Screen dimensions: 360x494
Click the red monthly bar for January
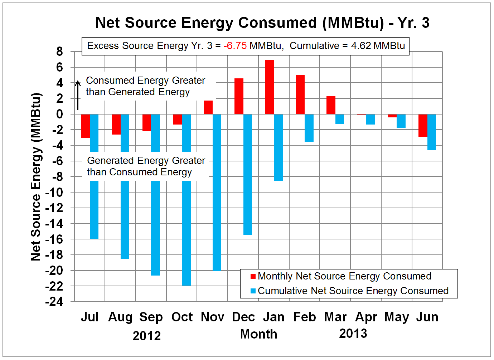(x=270, y=87)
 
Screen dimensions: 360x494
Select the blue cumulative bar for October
(x=186, y=233)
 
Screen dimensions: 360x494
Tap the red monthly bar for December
(x=239, y=96)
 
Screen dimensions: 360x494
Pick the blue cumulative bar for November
(x=217, y=192)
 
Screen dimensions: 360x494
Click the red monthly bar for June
(x=423, y=126)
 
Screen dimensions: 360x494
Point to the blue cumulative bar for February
(x=309, y=128)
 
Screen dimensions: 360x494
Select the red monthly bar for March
(x=331, y=105)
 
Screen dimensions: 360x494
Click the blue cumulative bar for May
(x=401, y=121)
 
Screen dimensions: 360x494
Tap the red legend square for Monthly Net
(x=253, y=276)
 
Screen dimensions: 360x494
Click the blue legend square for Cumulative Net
(x=253, y=291)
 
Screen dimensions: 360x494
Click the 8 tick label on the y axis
(x=59, y=52)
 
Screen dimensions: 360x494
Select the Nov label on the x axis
(x=212, y=317)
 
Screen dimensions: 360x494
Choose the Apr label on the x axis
(x=366, y=317)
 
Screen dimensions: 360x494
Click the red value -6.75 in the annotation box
(x=235, y=46)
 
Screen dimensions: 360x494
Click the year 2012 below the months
(x=146, y=336)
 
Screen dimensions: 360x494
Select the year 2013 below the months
(x=353, y=334)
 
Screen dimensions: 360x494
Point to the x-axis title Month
(x=258, y=334)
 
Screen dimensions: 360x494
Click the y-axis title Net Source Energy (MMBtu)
(x=36, y=177)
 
